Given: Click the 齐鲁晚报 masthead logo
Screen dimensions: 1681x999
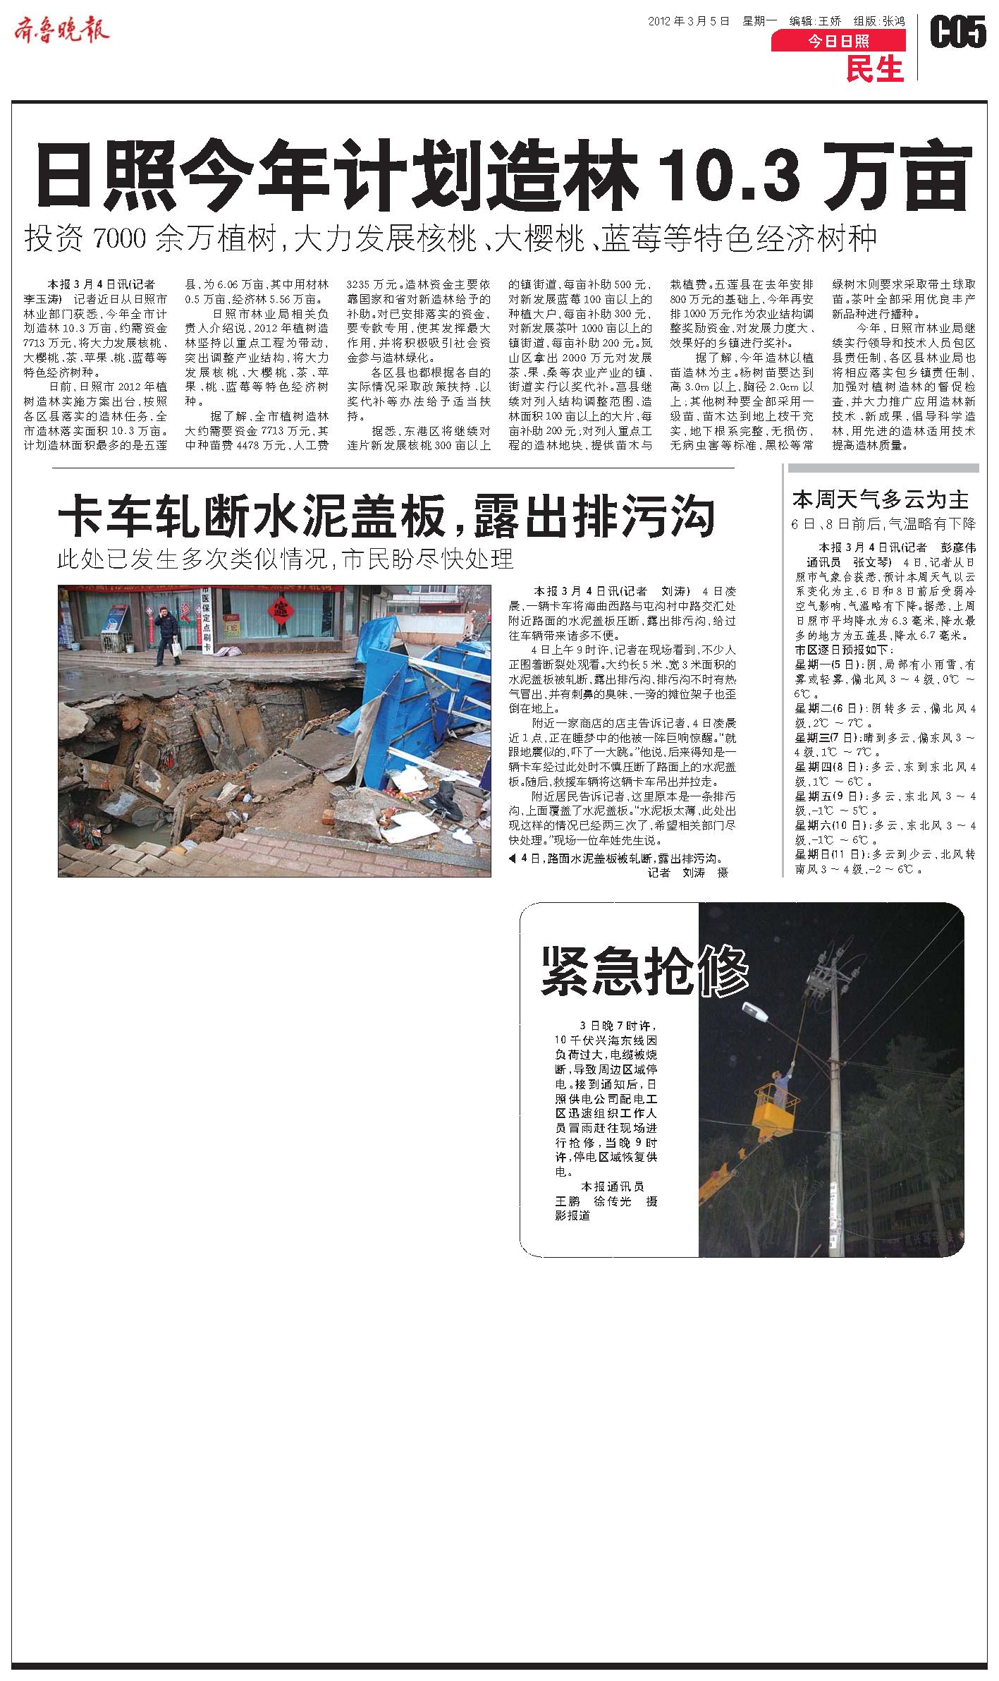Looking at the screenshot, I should tap(62, 30).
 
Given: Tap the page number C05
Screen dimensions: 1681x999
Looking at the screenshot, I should tap(958, 32).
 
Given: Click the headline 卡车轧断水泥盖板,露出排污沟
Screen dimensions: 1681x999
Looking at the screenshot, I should tap(386, 516).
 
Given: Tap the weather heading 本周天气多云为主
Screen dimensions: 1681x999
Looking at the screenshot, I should tap(881, 499).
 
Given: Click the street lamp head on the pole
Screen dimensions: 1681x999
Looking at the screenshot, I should tap(758, 1013).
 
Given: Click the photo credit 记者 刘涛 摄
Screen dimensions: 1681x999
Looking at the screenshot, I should tap(687, 872).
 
